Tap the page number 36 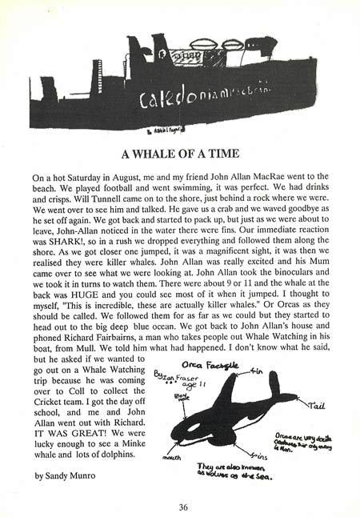(184, 506)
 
